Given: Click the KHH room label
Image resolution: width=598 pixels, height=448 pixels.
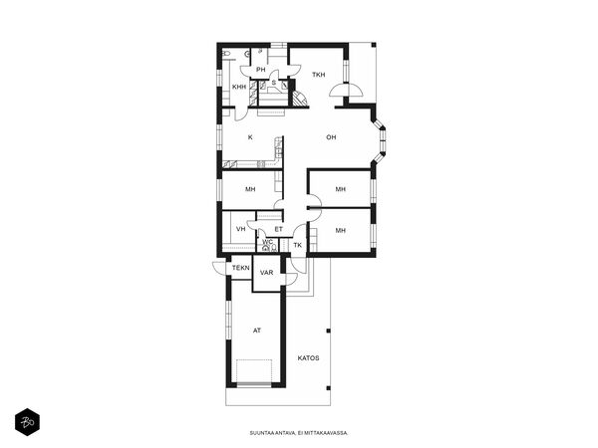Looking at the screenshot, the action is [239, 87].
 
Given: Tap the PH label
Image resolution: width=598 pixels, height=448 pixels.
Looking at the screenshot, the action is [261, 70].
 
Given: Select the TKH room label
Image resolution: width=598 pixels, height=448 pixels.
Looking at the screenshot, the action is [319, 75].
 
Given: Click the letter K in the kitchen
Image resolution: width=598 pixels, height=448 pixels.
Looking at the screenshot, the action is [250, 137].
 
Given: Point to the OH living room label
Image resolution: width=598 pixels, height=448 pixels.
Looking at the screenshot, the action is [331, 137].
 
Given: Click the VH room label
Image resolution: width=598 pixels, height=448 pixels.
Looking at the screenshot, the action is [240, 229].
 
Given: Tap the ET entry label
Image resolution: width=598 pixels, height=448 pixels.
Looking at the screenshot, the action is [279, 229].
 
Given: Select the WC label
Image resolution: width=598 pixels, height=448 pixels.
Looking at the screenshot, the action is [267, 242].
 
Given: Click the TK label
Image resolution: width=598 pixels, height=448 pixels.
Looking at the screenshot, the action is [298, 245].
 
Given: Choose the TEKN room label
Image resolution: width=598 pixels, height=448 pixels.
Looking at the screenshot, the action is [241, 268].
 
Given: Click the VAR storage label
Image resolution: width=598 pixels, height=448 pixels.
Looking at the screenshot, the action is [266, 273].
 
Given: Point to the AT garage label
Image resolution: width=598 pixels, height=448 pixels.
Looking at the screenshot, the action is [257, 331].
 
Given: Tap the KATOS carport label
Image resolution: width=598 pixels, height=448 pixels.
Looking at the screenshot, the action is [309, 358].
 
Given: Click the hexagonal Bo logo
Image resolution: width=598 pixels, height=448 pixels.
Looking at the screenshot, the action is [28, 422].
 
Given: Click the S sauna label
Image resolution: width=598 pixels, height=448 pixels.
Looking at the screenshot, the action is [273, 83].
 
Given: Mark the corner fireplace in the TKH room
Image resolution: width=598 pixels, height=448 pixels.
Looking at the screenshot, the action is [300, 99].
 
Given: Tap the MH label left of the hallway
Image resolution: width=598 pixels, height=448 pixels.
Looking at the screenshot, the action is [250, 189].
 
